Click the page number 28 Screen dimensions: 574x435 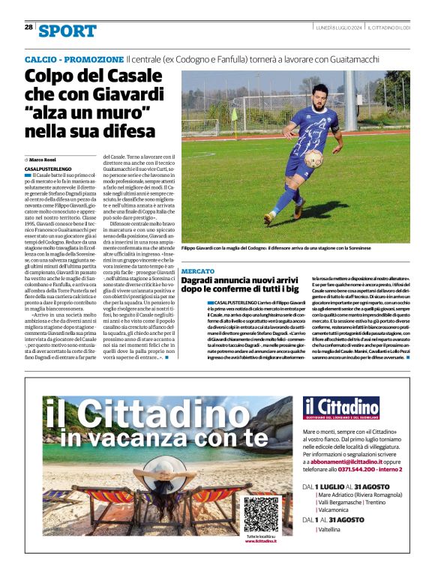[x=28, y=27]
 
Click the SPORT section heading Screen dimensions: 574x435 [x=67, y=31]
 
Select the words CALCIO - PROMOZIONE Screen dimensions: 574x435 [x=73, y=59]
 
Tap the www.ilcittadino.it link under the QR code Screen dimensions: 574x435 [x=261, y=541]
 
